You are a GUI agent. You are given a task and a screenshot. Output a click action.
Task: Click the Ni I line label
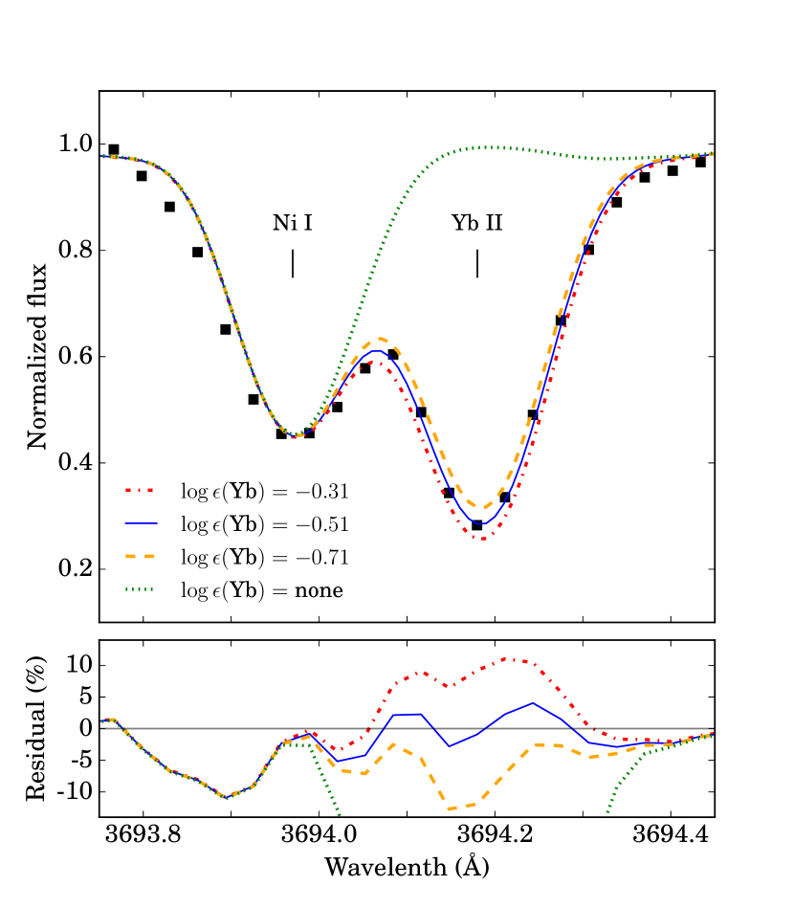pos(293,224)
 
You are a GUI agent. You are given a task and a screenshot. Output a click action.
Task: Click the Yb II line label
pos(477,224)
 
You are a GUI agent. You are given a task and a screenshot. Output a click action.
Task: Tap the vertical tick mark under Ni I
pos(293,263)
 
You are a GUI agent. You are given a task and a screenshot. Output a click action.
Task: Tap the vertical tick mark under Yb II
pos(477,263)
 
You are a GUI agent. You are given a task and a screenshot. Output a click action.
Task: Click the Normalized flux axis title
pos(37,356)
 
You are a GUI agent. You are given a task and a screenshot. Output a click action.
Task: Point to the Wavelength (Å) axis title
pos(407,867)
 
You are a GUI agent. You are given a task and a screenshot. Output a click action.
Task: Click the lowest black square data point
pos(477,525)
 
